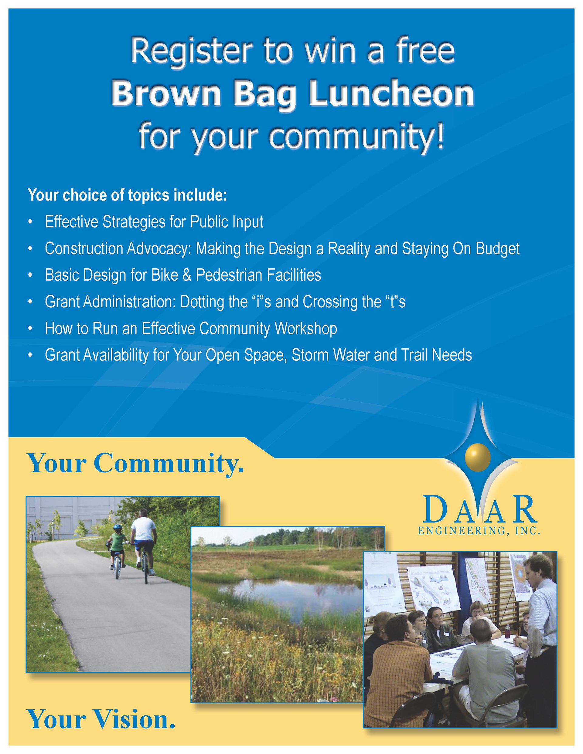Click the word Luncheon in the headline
click(391, 94)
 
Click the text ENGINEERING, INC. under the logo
click(479, 531)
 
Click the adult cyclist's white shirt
click(143, 529)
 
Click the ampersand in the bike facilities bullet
click(187, 275)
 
